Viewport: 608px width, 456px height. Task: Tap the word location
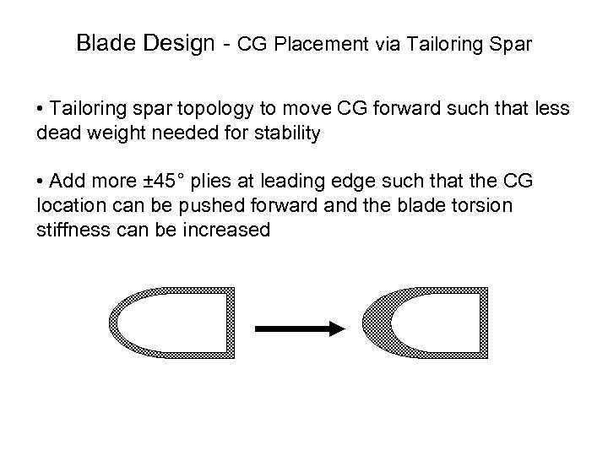[68, 206]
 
